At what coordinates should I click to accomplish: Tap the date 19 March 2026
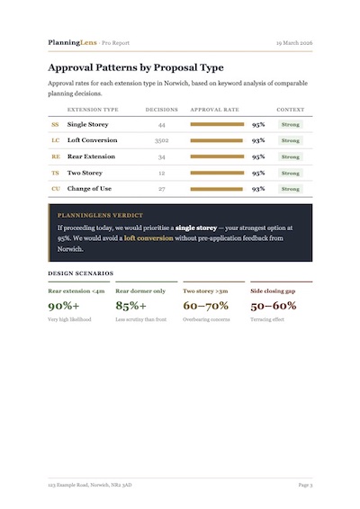(x=293, y=42)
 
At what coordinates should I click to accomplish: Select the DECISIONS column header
(x=161, y=109)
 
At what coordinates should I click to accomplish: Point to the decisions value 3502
(x=161, y=140)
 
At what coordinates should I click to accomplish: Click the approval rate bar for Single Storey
(x=217, y=125)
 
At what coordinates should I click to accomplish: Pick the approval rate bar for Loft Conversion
(x=216, y=140)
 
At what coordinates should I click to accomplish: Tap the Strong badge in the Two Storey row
(x=290, y=173)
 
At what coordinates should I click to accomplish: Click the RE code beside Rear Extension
(x=55, y=156)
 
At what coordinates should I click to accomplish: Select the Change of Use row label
(x=88, y=189)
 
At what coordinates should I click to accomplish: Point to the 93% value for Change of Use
(x=258, y=189)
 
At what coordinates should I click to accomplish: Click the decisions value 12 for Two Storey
(x=161, y=173)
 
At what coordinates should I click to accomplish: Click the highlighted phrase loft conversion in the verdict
(x=148, y=238)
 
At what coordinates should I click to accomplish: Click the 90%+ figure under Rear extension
(x=64, y=306)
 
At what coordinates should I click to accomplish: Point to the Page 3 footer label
(x=304, y=485)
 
